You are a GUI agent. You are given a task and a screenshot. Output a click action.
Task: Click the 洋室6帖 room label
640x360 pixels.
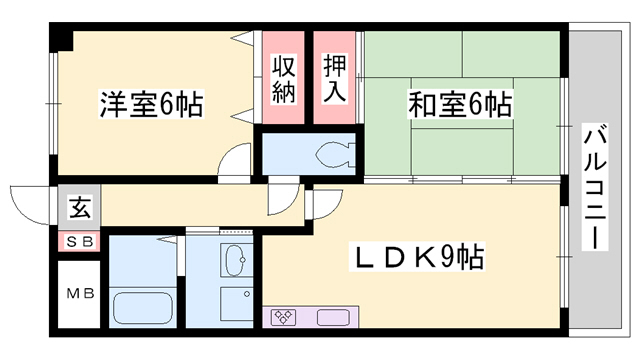(x=151, y=104)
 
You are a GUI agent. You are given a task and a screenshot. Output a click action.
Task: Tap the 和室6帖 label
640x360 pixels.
(x=460, y=104)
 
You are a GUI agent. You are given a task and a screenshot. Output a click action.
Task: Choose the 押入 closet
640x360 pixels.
(x=334, y=78)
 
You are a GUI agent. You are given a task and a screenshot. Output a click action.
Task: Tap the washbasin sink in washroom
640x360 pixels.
(x=237, y=263)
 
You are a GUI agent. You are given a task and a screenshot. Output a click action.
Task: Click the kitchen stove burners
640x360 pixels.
(x=283, y=318)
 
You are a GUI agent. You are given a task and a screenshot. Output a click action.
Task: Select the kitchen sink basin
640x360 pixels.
(x=330, y=318)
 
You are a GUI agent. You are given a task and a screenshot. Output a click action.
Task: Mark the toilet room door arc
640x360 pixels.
(x=283, y=196)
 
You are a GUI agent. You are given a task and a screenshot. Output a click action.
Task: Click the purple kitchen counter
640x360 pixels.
(x=306, y=318)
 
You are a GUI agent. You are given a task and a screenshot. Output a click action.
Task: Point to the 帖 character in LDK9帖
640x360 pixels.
(x=470, y=259)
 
